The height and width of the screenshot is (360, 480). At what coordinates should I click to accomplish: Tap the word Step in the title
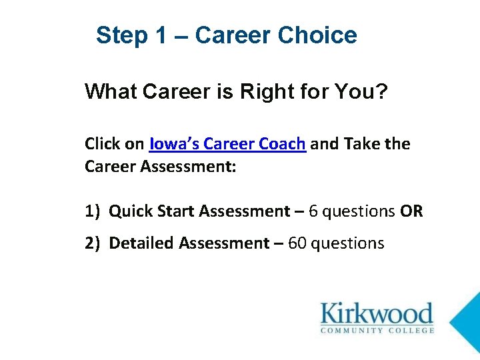pos(120,35)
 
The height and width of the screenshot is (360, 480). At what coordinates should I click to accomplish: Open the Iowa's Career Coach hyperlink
pos(228,144)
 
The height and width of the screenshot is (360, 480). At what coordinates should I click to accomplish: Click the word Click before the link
pos(101,144)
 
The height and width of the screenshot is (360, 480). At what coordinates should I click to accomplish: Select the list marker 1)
pos(93,211)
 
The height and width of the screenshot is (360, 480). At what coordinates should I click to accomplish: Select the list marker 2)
pos(93,243)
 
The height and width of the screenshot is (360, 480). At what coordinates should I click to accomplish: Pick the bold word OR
pos(411,211)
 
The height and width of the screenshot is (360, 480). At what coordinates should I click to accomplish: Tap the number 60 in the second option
pos(297,243)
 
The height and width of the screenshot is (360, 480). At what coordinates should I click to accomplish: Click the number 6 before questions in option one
pos(313,211)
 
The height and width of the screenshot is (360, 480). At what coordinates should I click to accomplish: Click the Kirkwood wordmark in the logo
pos(377,313)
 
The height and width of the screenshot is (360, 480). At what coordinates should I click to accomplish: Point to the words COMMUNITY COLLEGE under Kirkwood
pos(377,329)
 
